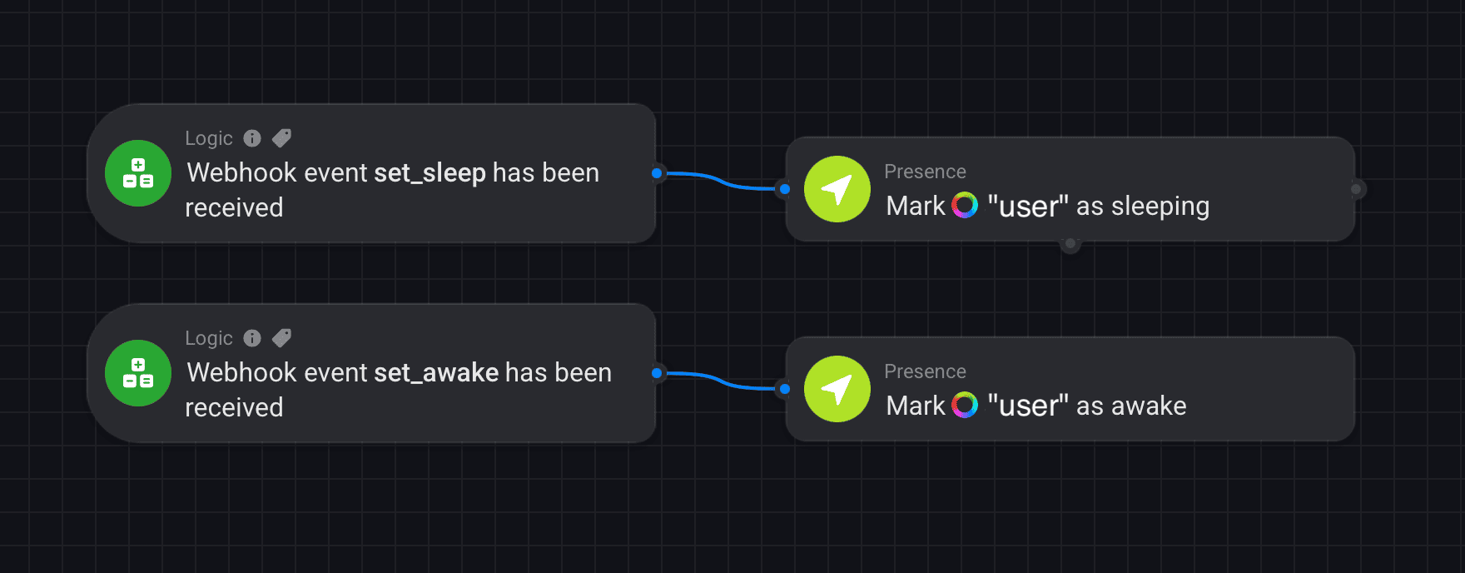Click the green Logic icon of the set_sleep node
(x=138, y=173)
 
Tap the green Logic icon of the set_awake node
(x=138, y=373)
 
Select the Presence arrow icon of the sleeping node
(x=837, y=189)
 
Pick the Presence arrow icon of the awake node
(x=837, y=389)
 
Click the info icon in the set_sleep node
(x=252, y=138)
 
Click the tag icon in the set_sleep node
(x=282, y=138)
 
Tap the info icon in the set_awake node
(x=252, y=338)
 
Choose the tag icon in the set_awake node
(x=282, y=338)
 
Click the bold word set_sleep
(x=430, y=173)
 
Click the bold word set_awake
(x=436, y=373)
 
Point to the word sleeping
(x=1160, y=207)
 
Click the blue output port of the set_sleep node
(x=657, y=173)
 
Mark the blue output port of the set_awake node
(x=657, y=373)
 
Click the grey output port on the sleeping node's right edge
(x=1356, y=189)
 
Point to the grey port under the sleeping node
(x=1070, y=244)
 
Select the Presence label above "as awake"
(x=925, y=371)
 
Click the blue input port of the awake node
(x=785, y=389)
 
